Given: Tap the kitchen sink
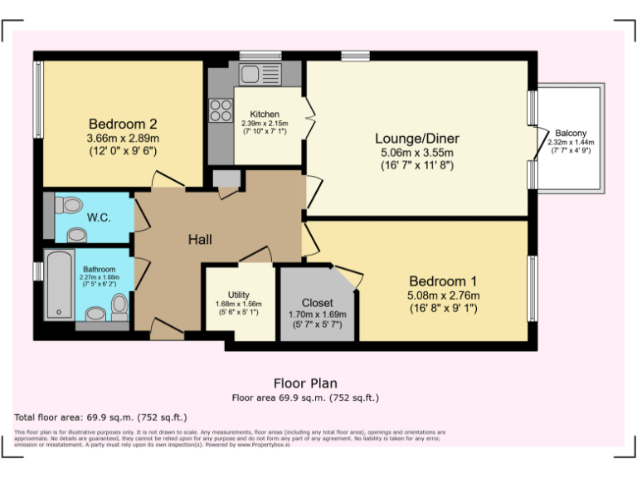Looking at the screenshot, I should pos(260,73).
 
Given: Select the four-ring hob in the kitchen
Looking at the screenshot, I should pos(221,110).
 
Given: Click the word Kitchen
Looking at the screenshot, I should pos(265,114).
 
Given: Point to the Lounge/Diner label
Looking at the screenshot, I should pos(416,139).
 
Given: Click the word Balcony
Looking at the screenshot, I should pos(571,133).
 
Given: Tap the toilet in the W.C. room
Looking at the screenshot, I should pos(72,204).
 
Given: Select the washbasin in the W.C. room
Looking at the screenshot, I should pos(77,235).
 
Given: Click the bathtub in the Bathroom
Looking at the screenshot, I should pos(59,285).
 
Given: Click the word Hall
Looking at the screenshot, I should pos(200,240).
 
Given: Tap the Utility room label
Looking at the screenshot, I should pos(239,295).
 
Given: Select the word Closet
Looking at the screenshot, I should pos(318,303).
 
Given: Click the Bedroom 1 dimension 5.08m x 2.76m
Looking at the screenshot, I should pos(443,295).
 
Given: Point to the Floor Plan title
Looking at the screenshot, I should pos(305,383).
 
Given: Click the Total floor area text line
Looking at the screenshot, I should pos(101,417).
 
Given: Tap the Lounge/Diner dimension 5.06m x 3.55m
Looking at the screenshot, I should pos(416,153).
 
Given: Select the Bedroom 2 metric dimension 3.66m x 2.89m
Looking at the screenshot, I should pos(123,138).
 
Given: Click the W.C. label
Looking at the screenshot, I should pos(99,218).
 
